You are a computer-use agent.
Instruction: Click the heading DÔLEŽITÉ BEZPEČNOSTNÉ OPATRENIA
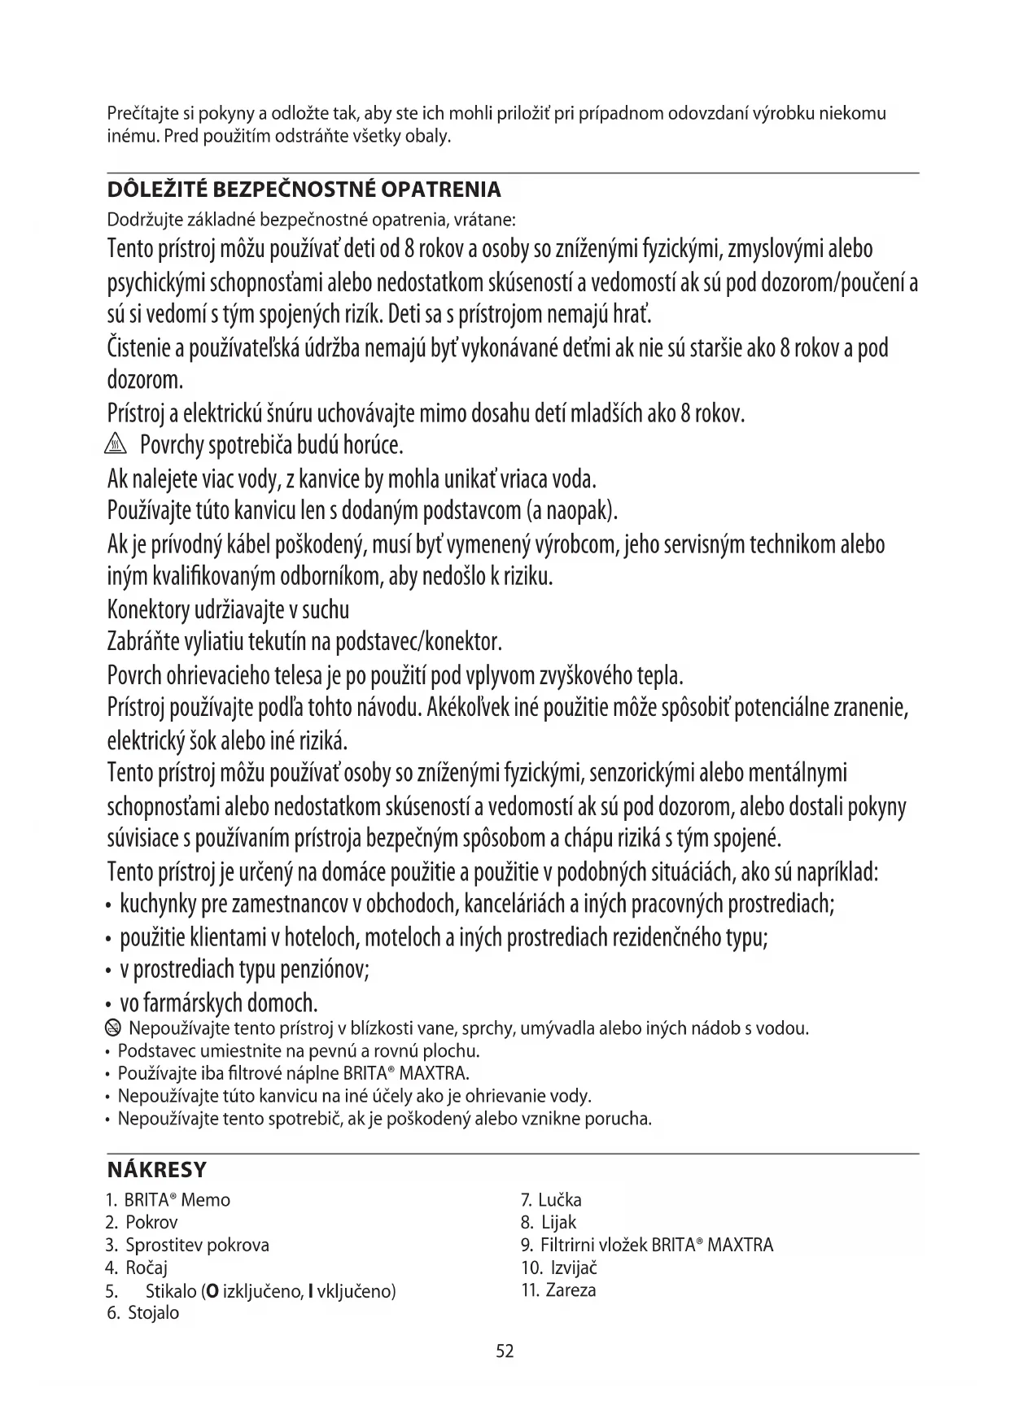click(x=304, y=190)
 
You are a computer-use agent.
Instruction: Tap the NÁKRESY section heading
click(x=157, y=1171)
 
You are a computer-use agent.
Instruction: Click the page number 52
click(x=505, y=1351)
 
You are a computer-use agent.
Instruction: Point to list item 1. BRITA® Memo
click(x=168, y=1200)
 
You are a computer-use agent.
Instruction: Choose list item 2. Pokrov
click(x=142, y=1222)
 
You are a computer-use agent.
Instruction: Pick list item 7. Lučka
click(x=551, y=1200)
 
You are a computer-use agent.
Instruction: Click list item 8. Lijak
click(x=549, y=1222)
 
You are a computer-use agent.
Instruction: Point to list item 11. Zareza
click(x=558, y=1290)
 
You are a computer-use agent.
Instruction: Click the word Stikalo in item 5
click(x=171, y=1290)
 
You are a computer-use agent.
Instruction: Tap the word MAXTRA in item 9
click(x=740, y=1245)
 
